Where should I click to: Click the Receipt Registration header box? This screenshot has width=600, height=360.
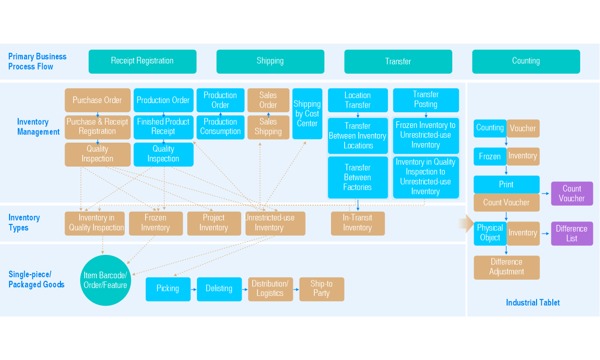coord(142,61)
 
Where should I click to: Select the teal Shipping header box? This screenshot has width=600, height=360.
coord(270,61)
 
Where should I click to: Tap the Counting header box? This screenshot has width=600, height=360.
coord(526,61)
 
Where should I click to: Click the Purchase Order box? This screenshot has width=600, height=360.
coord(97,100)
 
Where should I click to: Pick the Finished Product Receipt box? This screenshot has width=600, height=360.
coord(163,126)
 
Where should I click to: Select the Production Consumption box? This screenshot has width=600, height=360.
coord(220,126)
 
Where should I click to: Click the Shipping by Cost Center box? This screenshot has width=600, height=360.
coord(307,114)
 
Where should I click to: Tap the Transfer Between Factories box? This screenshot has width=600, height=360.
coord(358,177)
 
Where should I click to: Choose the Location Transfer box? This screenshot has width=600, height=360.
coord(358,100)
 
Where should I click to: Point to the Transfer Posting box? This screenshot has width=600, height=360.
coord(426,100)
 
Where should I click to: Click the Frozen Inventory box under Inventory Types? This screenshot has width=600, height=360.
coord(155,223)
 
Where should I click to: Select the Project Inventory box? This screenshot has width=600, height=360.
coord(214,223)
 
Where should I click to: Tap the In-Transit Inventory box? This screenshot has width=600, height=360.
coord(358,223)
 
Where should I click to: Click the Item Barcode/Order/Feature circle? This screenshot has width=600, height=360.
coord(106,280)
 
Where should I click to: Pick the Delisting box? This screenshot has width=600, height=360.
coord(219,288)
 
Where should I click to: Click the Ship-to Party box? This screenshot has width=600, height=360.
coord(321,288)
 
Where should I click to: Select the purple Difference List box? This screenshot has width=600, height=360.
coord(572,234)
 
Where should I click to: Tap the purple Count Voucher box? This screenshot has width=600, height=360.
coord(572,193)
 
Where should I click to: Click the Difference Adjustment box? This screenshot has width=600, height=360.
coord(507,267)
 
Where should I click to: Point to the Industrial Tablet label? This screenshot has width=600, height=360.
coord(532,303)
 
